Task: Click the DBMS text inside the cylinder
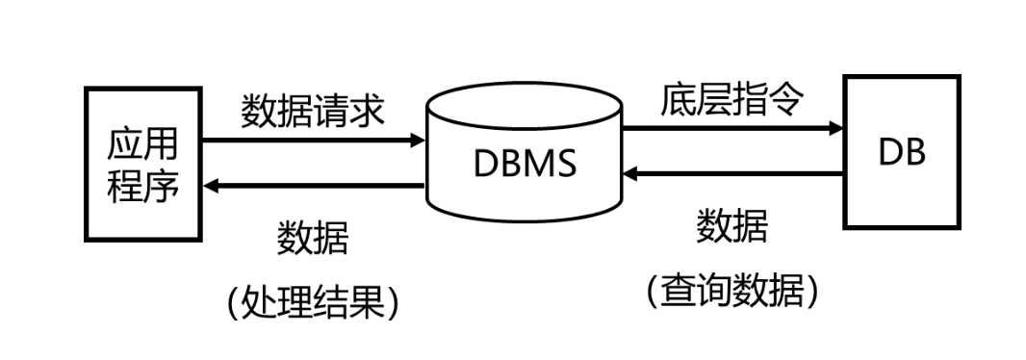point(525,163)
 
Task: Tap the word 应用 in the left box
point(142,146)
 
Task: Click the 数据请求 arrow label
point(313,111)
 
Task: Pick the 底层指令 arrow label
point(731,99)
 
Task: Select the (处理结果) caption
point(313,302)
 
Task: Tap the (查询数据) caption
point(731,289)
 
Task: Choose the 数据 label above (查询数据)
point(731,227)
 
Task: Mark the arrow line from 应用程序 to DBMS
point(308,141)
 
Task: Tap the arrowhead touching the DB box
point(834,127)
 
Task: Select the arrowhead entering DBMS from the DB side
point(630,174)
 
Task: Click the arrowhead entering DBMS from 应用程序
point(418,141)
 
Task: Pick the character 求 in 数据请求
point(368,111)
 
